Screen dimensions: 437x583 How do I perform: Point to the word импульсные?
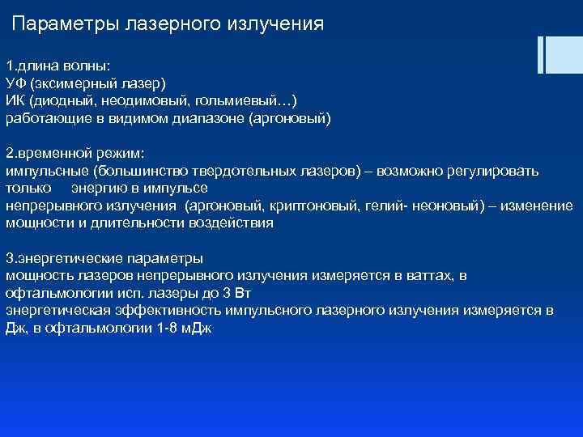coord(46,172)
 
